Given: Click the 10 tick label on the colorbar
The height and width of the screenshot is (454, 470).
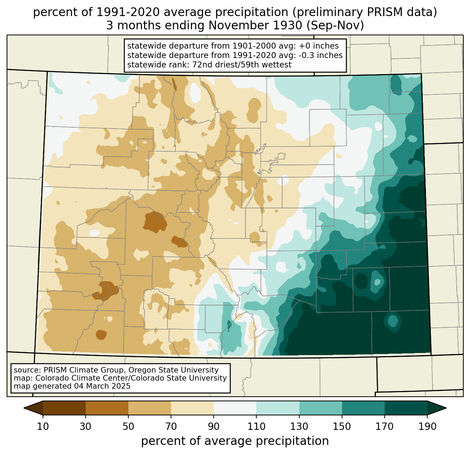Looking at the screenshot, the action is coord(43,427).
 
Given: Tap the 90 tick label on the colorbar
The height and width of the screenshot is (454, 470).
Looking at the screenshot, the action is coord(214,427).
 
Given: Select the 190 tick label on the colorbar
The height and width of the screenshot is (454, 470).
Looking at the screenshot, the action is coord(427,427).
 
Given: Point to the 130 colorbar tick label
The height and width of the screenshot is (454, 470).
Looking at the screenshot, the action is coord(299,427).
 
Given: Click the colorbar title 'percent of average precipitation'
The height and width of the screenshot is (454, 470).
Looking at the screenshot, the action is coord(235,441).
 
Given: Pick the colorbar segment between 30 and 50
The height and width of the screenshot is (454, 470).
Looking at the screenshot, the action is coord(107,408).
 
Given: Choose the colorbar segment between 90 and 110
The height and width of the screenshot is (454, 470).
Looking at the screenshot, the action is coord(235,408).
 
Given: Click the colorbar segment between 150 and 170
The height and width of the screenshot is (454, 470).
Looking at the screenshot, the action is coord(363,408).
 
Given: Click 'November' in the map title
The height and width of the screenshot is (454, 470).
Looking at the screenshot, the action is coord(255,26).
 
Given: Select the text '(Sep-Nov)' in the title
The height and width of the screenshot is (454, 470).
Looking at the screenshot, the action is coord(335,26).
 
